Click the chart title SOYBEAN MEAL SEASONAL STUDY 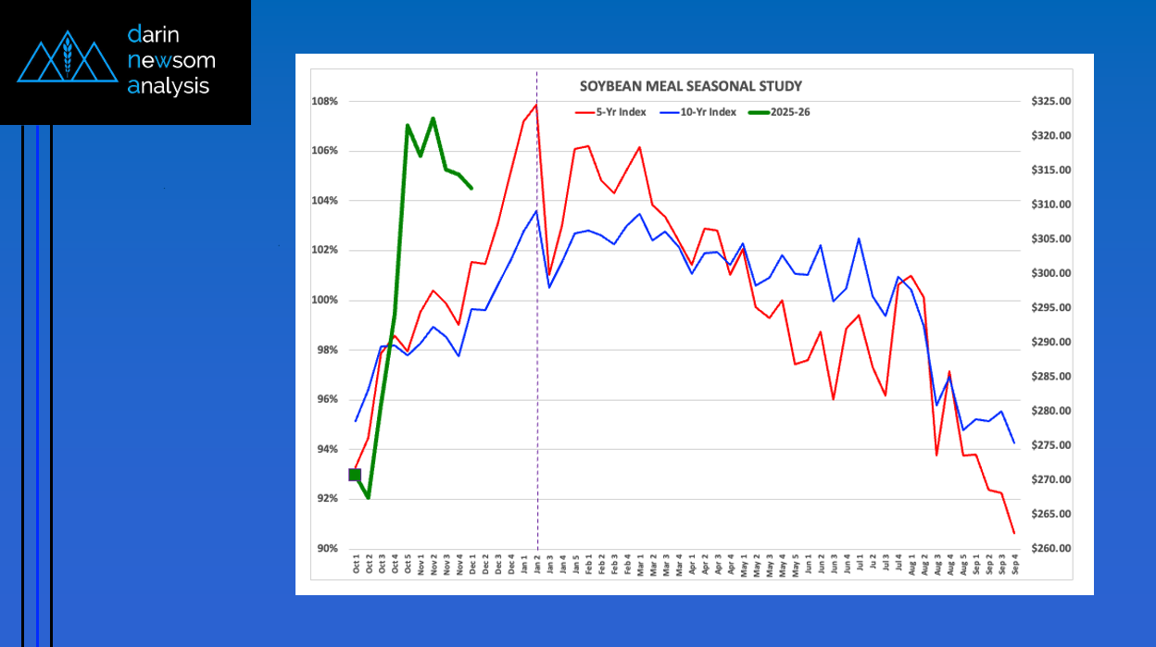point(690,86)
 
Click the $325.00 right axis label point(1049,101)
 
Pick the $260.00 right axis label point(1049,548)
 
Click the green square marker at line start point(355,475)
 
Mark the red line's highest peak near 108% point(536,105)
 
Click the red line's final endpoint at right point(1014,533)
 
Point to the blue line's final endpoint point(1014,442)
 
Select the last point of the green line point(472,189)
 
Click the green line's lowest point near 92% point(368,498)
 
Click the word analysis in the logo point(169,86)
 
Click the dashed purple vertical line point(538,370)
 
